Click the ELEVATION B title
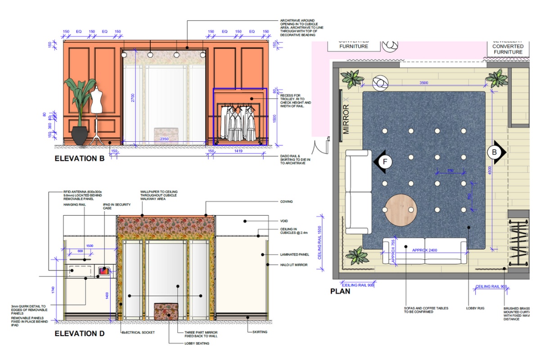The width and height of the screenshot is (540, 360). coord(80,158)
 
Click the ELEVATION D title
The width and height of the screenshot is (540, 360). coord(80,333)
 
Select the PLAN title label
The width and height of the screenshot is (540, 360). coord(340,291)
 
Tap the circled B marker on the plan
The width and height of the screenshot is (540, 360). coord(494,153)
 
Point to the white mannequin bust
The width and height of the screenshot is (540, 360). coord(97,101)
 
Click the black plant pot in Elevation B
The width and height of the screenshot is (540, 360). coord(80,135)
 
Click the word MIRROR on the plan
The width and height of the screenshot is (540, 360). coord(346,119)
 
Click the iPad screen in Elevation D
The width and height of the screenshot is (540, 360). coord(103,271)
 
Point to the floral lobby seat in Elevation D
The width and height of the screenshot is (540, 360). coord(166,311)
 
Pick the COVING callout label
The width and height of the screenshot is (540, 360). coord(286,202)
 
